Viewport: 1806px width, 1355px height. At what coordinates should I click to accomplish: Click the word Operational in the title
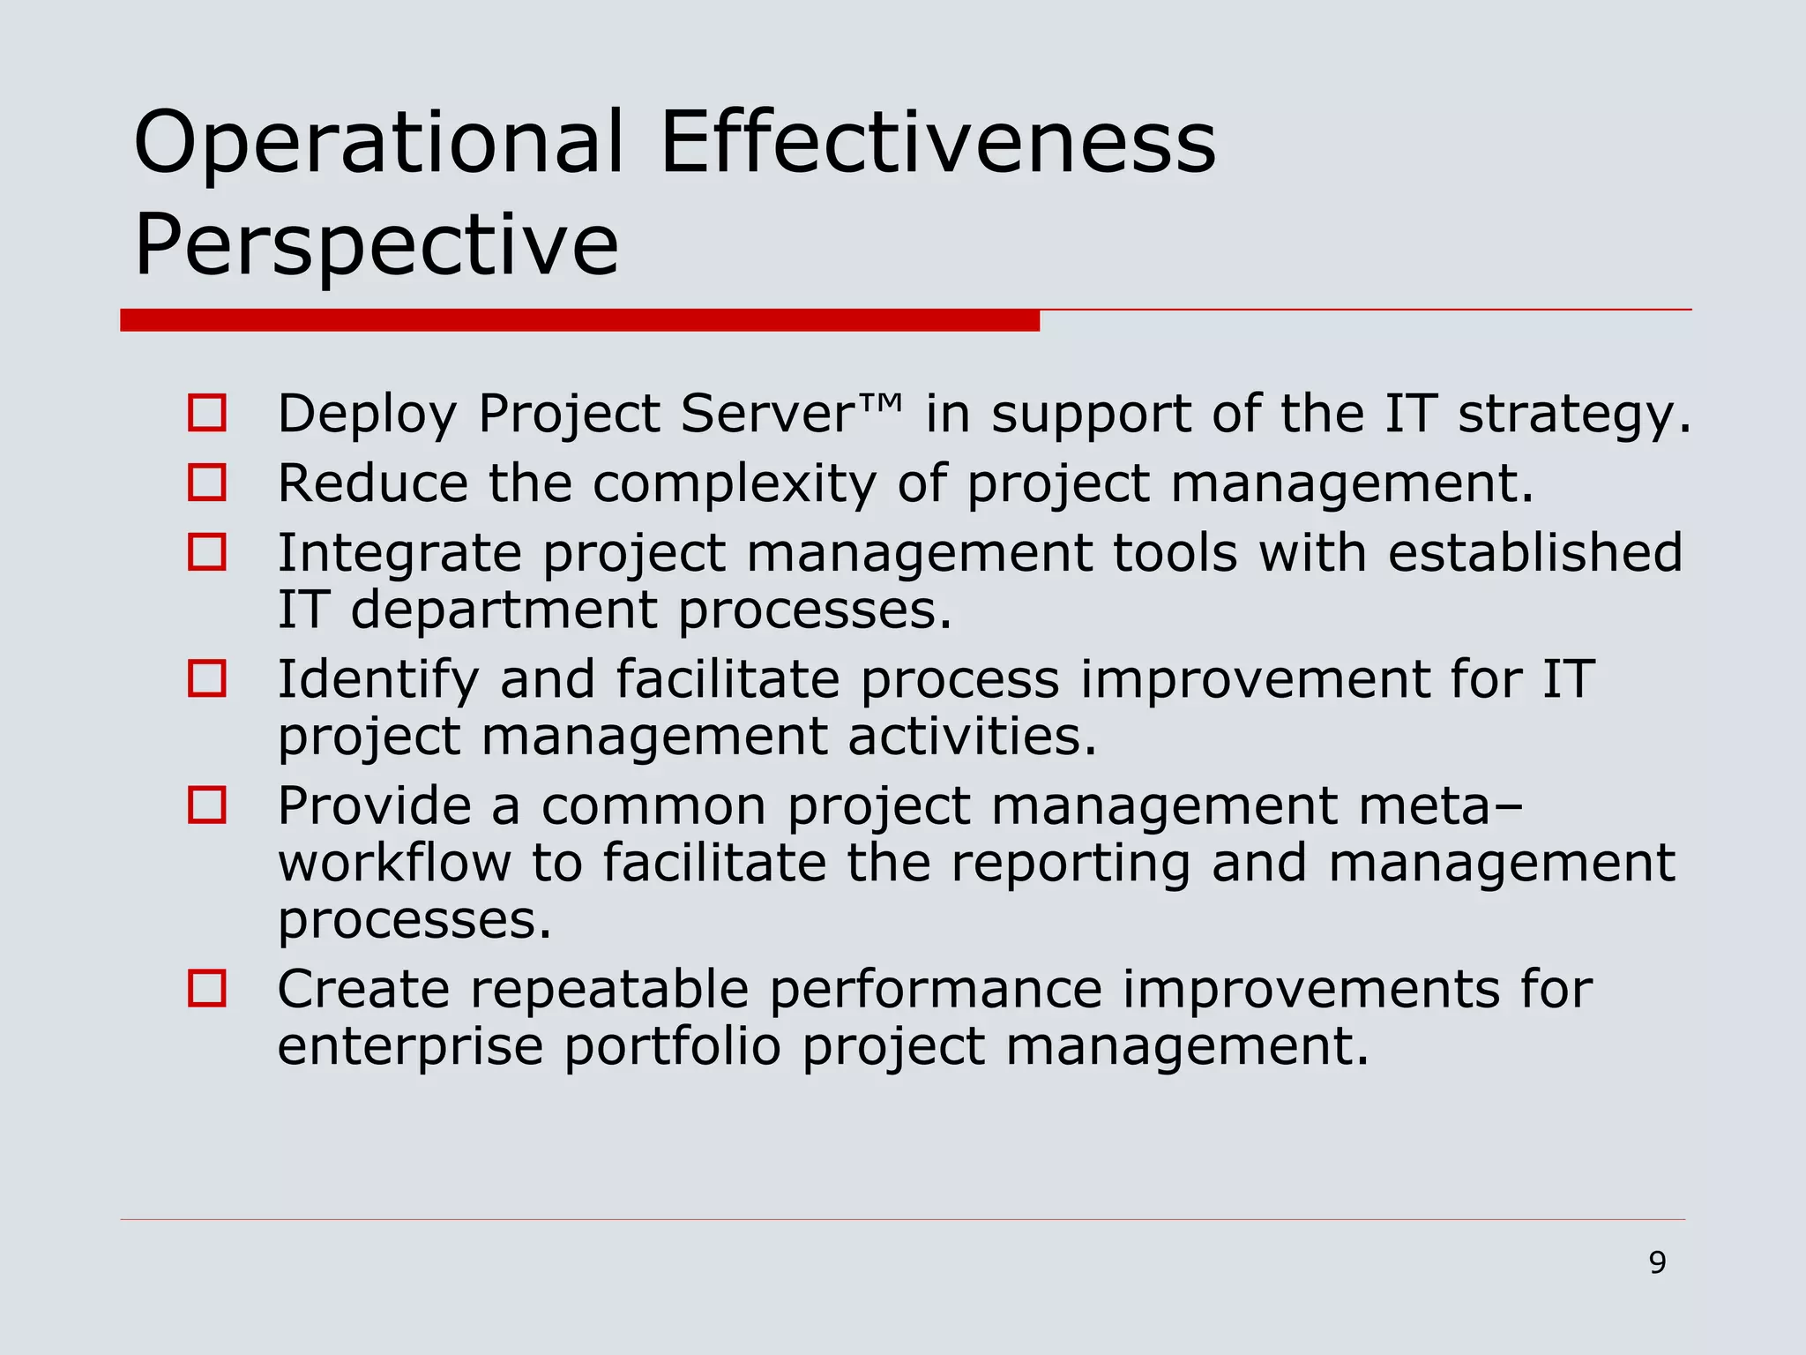[378, 142]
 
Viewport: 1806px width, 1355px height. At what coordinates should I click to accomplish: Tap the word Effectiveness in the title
[937, 142]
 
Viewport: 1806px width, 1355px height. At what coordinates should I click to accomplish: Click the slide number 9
[1657, 1262]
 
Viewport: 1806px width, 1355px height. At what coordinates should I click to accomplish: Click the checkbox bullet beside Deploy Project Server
[207, 413]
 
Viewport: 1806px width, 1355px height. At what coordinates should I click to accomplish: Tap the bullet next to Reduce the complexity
[207, 483]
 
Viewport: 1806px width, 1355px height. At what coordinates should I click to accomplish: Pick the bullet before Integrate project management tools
[207, 552]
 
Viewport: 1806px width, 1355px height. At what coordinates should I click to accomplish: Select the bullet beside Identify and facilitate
[207, 678]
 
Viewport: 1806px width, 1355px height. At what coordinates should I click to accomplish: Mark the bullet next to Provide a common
[207, 805]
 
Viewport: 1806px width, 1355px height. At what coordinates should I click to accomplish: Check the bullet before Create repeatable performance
[207, 988]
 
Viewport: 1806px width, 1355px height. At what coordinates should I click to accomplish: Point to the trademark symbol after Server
[879, 403]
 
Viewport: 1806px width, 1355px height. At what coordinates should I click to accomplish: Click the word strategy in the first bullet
[1575, 415]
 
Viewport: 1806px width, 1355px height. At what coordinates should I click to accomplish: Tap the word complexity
[735, 484]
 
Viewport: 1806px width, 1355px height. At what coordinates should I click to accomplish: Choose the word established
[1535, 553]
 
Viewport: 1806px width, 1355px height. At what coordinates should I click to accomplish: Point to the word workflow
[394, 863]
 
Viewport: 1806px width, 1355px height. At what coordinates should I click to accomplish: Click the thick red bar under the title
[579, 320]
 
